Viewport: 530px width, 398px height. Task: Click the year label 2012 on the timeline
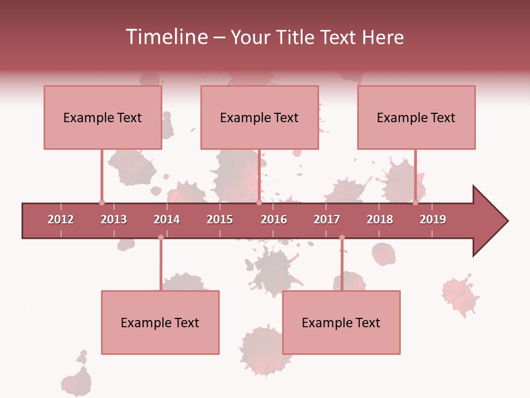[x=61, y=219]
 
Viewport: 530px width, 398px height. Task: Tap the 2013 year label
[x=114, y=219]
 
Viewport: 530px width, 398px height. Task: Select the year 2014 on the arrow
[x=167, y=219]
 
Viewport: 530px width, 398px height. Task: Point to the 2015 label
[x=220, y=219]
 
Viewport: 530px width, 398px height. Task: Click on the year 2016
[x=274, y=219]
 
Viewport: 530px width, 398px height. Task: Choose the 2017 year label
[x=327, y=219]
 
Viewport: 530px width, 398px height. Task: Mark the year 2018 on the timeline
[x=380, y=219]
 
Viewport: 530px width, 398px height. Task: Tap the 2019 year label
[x=433, y=219]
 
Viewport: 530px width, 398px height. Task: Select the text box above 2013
[x=103, y=117]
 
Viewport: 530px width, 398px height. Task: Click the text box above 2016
[x=259, y=117]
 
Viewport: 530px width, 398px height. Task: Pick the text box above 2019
[x=416, y=117]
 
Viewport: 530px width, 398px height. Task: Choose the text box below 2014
[x=160, y=322]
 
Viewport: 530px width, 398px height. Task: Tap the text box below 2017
[x=341, y=322]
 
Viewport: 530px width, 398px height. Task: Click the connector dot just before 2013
[x=102, y=203]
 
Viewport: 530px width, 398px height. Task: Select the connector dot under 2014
[x=161, y=238]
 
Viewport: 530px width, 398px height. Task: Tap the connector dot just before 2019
[x=415, y=203]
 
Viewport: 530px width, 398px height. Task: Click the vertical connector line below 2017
[x=342, y=265]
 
